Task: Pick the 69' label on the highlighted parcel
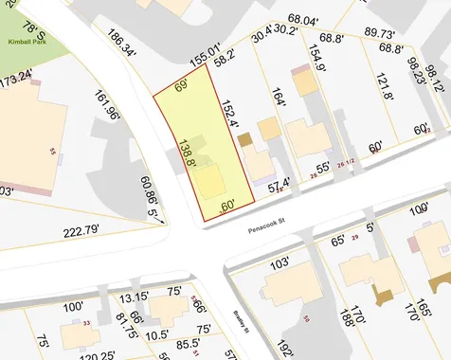pos(181,87)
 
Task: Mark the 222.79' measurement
pos(81,231)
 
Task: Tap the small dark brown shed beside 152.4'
pos(244,139)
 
